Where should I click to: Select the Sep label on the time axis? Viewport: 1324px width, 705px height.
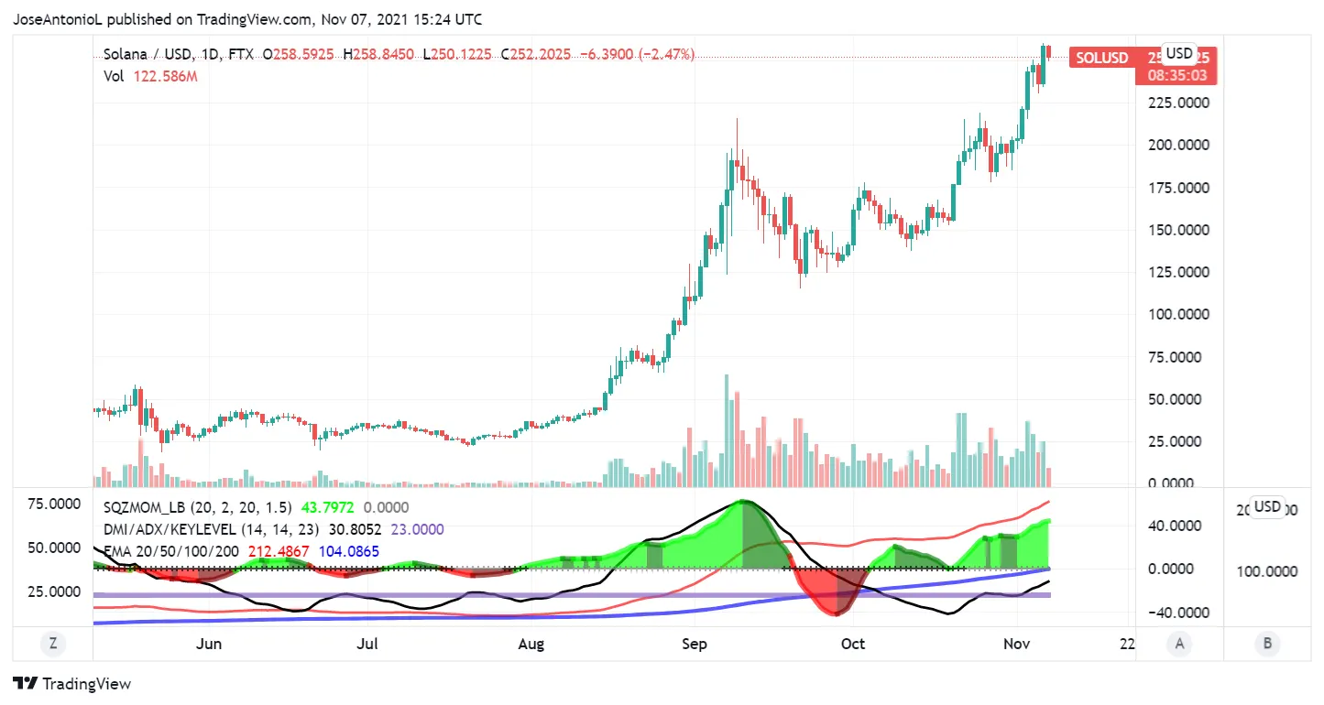point(695,644)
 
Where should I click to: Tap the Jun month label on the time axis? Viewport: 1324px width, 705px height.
point(210,644)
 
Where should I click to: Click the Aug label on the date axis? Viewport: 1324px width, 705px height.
point(531,644)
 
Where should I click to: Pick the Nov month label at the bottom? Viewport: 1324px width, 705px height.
point(1016,644)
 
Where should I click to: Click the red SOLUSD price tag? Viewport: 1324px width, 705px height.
point(1101,58)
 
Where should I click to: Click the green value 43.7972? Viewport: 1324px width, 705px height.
point(327,507)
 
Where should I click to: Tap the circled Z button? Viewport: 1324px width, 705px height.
point(53,644)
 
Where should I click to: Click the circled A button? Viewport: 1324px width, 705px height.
point(1179,644)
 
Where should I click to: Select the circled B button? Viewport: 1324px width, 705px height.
point(1267,644)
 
